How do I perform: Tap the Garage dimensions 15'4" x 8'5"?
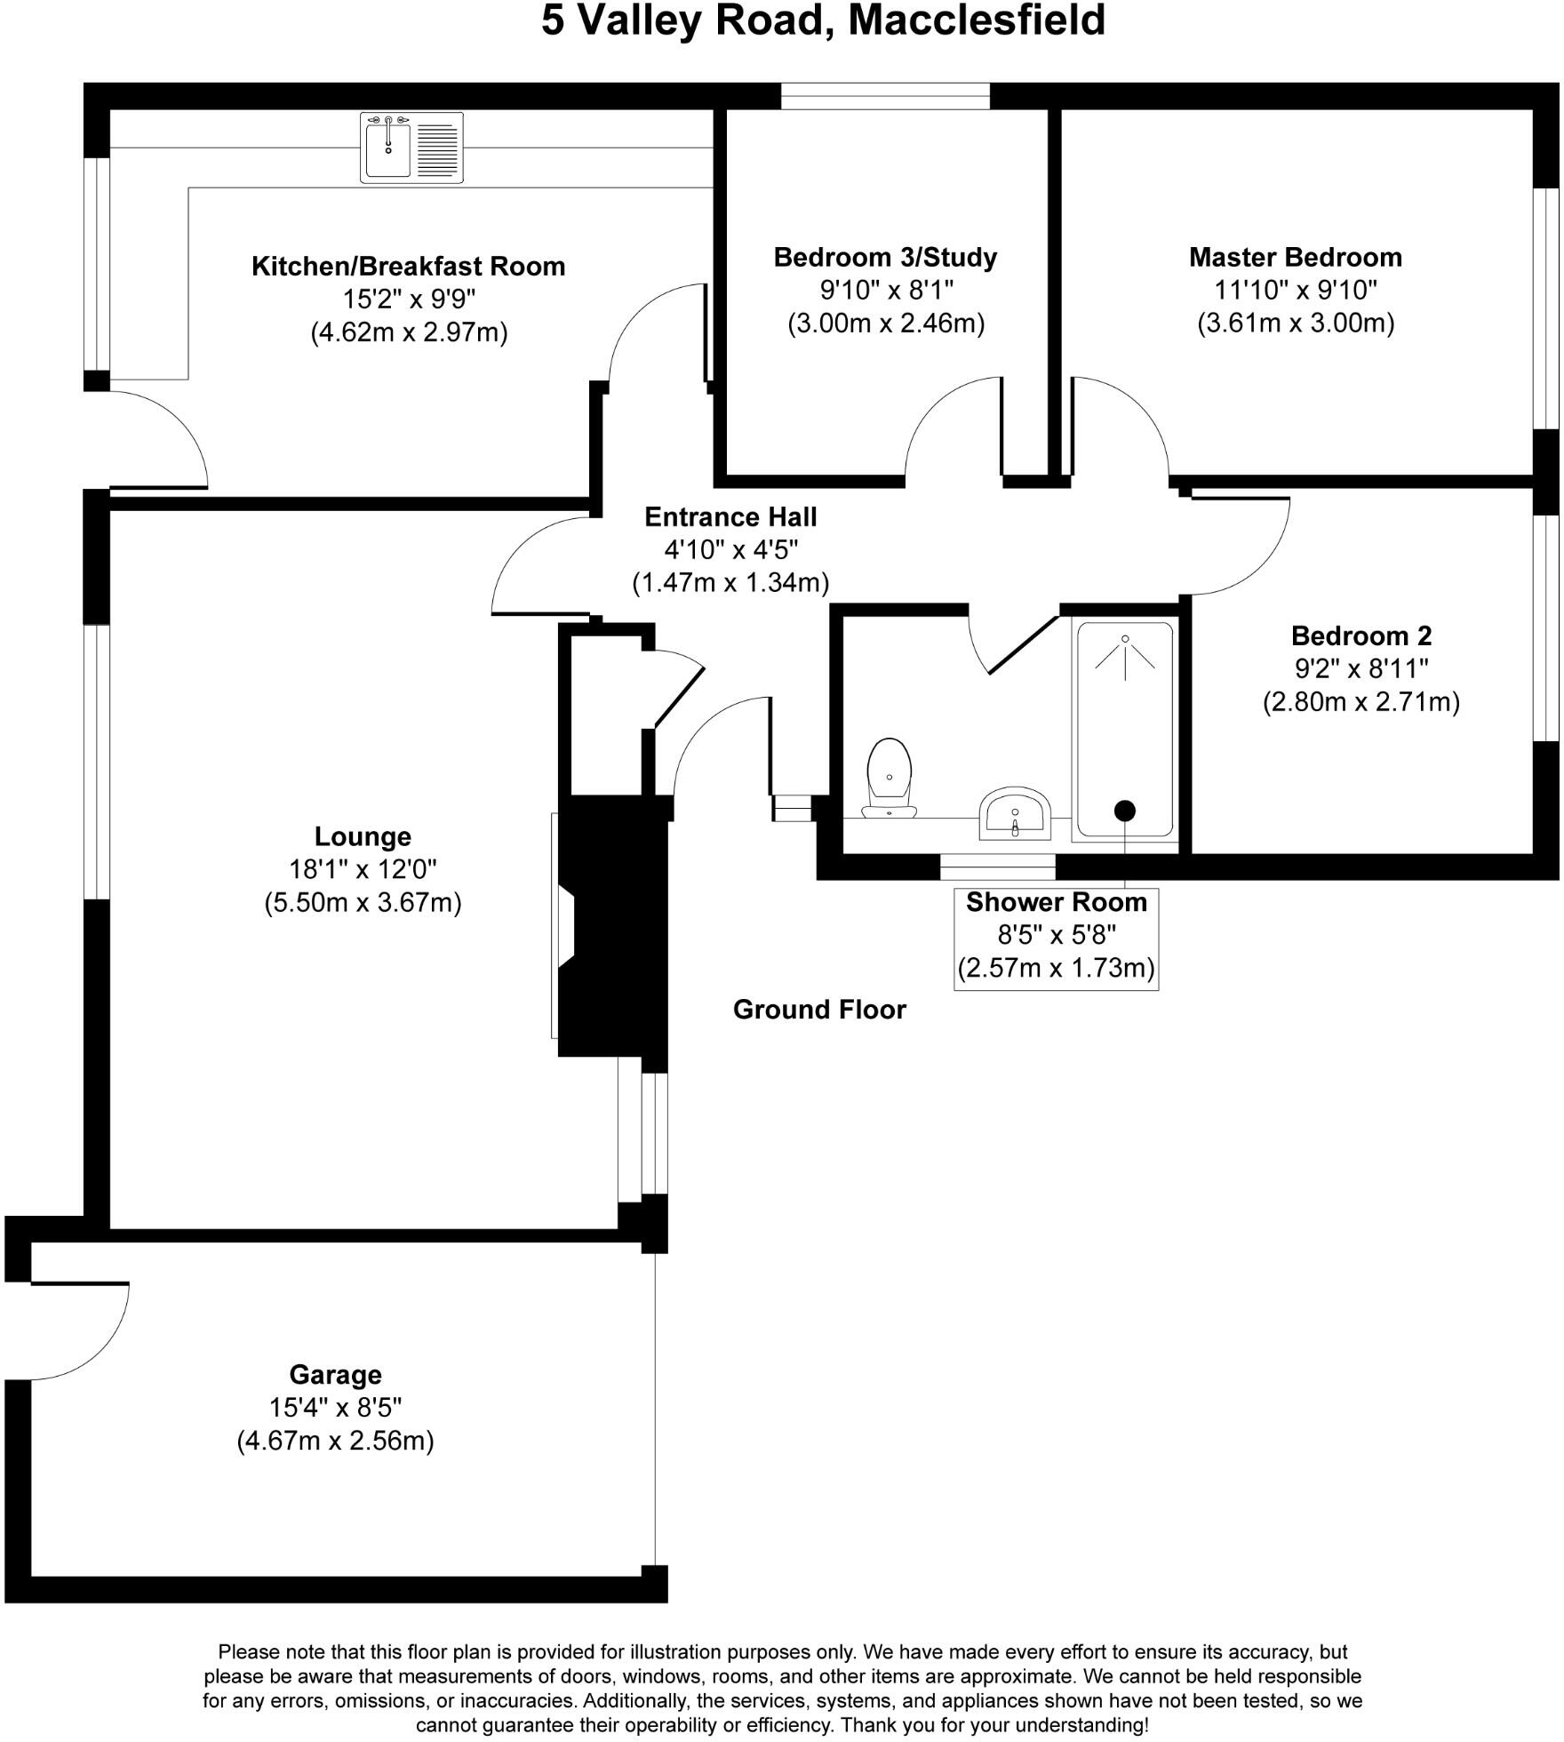[336, 1408]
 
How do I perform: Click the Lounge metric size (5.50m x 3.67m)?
[363, 904]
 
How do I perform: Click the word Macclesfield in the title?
[978, 21]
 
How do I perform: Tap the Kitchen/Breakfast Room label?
[410, 267]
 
